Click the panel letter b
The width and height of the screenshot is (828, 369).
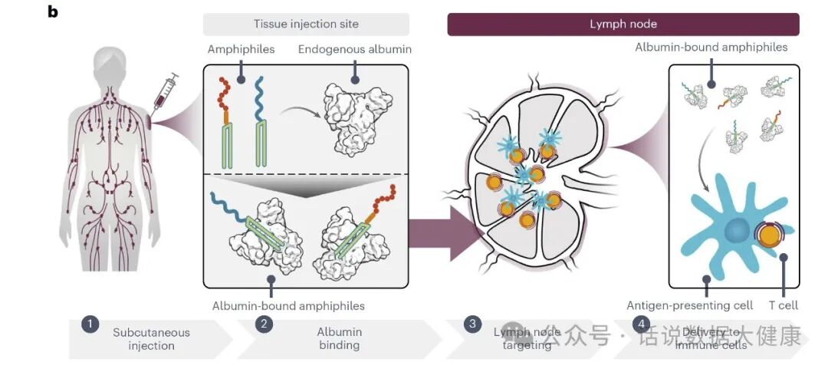53,12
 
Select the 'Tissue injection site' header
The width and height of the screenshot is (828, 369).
306,24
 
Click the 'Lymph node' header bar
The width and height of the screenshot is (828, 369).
623,24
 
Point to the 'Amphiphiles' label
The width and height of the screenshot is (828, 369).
241,49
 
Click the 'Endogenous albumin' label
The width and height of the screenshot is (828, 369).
353,49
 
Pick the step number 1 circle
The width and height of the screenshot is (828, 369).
90,323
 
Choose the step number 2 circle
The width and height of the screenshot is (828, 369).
264,323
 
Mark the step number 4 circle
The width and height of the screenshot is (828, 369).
642,323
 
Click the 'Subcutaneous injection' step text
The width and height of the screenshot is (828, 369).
151,339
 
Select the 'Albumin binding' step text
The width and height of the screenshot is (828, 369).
339,339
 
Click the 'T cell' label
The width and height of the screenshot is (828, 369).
783,305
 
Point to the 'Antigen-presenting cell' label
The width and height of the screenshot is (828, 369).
689,305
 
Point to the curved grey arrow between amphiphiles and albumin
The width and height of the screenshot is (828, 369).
296,114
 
